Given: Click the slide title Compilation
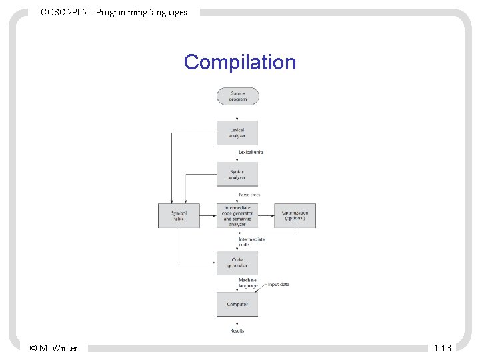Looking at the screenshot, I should click(240, 62).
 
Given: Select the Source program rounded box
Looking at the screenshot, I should click(237, 96).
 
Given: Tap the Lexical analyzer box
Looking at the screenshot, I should click(237, 133).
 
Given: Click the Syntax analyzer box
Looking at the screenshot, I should click(237, 174).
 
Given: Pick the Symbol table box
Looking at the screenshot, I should click(179, 216).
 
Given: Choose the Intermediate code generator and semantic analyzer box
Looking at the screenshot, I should click(237, 216).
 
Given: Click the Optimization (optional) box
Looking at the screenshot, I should click(295, 216).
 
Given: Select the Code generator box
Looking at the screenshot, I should click(237, 262).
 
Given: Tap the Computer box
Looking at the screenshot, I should click(237, 304).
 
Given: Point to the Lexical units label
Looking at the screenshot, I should click(251, 152).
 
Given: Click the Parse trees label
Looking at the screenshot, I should click(249, 195).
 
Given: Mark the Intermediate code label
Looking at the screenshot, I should click(252, 241).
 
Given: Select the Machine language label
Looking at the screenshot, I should click(247, 283).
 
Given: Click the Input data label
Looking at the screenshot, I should click(279, 285).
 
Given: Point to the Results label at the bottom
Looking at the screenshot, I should click(237, 331).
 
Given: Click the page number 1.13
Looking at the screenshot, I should click(442, 348).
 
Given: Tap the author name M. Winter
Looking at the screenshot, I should click(59, 348).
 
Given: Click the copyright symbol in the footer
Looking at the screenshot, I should click(34, 348).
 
